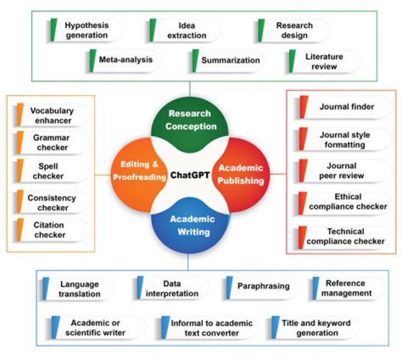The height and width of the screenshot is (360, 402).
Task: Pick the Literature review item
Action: pyautogui.click(x=324, y=61)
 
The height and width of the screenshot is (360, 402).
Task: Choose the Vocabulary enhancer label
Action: pyautogui.click(x=52, y=115)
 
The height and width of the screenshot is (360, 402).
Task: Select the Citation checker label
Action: pyautogui.click(x=52, y=230)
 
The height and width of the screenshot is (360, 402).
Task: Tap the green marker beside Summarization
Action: pyautogui.click(x=195, y=60)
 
